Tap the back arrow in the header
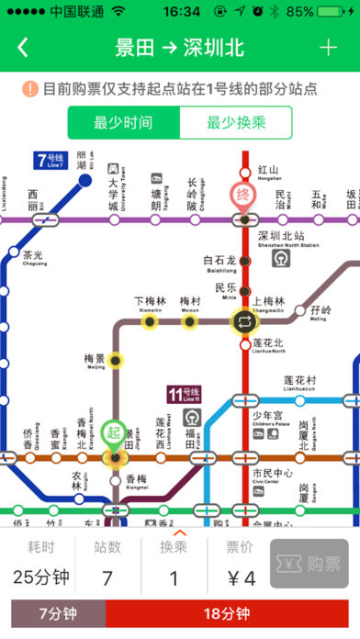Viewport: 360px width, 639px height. click(23, 48)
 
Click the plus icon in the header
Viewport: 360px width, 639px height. click(328, 48)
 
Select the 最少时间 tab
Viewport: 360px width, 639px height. click(123, 122)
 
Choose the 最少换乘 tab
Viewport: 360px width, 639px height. click(235, 122)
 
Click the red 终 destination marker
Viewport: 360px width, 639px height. click(244, 195)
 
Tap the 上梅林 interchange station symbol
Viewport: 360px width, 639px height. click(245, 322)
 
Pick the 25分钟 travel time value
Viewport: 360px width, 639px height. click(42, 578)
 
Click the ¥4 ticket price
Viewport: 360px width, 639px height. click(241, 578)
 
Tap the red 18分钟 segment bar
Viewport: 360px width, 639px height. click(232, 614)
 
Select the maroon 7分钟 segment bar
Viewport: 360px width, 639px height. click(58, 614)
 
